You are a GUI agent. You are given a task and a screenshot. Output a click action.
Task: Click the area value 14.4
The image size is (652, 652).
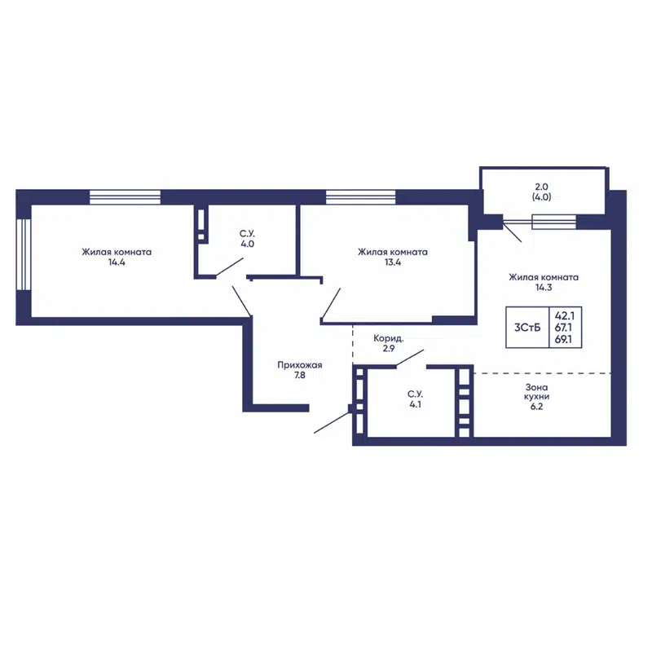click(117, 262)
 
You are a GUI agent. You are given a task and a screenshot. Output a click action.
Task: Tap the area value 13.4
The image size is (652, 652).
click(393, 262)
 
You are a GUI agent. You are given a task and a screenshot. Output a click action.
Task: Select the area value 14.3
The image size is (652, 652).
click(544, 288)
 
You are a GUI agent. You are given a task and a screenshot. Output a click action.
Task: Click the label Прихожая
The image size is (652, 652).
click(300, 365)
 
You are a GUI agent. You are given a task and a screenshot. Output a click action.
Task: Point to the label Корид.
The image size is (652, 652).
click(389, 338)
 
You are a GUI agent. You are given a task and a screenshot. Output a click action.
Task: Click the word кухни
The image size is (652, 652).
click(536, 397)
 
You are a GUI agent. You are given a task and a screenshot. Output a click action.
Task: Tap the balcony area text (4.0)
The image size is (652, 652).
click(541, 197)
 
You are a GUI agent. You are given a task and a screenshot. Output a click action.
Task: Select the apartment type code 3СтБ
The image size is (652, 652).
click(527, 328)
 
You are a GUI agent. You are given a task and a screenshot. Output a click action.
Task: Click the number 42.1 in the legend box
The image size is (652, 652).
click(564, 316)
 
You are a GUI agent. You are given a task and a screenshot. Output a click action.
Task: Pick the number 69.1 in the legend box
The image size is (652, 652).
click(563, 339)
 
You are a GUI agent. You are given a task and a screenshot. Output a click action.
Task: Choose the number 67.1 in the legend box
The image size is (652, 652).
click(563, 328)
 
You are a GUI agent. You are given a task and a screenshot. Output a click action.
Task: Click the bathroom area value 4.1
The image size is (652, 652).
click(415, 404)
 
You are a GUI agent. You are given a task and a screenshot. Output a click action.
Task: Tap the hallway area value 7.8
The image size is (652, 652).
click(299, 376)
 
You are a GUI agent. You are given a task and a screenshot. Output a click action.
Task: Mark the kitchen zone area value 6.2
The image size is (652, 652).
click(536, 407)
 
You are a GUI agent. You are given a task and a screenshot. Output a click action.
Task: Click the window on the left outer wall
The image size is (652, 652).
click(24, 254)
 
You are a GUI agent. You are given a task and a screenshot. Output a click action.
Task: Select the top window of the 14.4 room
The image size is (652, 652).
click(126, 197)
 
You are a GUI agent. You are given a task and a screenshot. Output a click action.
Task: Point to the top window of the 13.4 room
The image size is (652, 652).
click(360, 197)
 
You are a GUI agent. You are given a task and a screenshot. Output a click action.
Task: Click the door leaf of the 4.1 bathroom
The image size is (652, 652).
click(410, 359)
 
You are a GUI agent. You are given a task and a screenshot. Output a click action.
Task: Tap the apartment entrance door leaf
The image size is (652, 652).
click(332, 422)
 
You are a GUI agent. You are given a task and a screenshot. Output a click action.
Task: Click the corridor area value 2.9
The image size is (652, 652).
click(389, 349)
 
